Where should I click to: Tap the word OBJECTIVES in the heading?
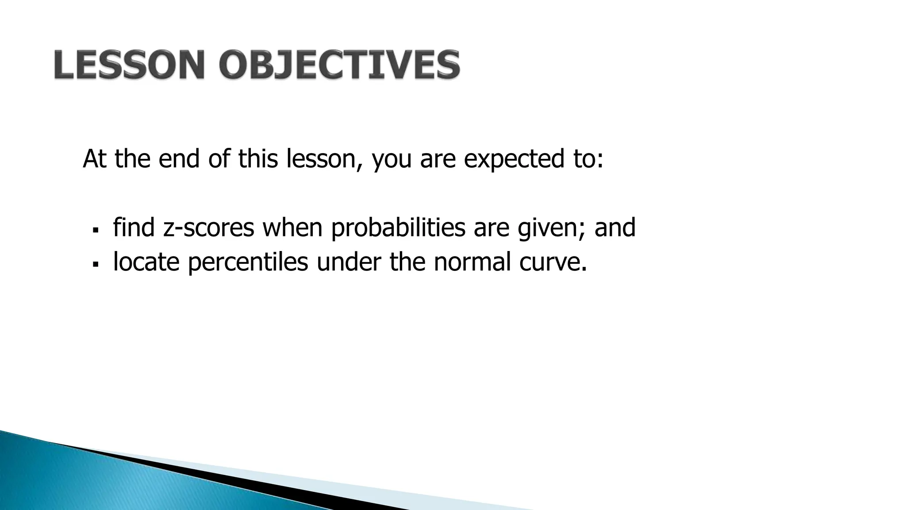[x=339, y=65]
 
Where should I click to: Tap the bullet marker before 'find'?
[x=95, y=231]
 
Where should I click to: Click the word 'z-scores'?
[x=208, y=228]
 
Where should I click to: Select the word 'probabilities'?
[x=398, y=228]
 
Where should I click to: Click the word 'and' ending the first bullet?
[x=615, y=228]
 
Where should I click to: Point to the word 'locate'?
[x=146, y=262]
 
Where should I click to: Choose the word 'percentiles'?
[x=248, y=262]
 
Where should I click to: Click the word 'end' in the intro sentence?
[x=179, y=159]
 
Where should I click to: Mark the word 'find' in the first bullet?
[x=134, y=228]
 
